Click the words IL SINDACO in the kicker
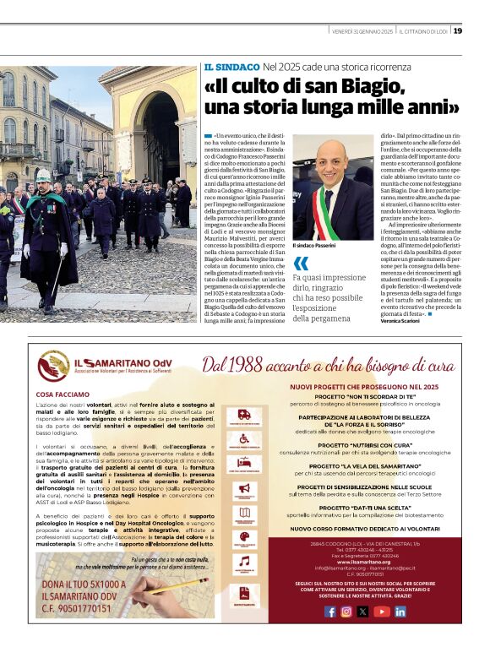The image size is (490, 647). pos(231,67)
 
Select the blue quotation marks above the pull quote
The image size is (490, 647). pos(300,264)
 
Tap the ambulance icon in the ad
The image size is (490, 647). pos(245,415)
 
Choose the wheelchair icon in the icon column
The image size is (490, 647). pos(245,438)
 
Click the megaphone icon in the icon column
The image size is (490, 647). pos(245,488)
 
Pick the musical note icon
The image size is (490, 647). pos(245,561)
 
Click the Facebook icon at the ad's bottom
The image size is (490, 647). pos(330,612)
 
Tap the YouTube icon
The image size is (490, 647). pos(383,612)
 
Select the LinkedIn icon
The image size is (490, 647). pos(400,612)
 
